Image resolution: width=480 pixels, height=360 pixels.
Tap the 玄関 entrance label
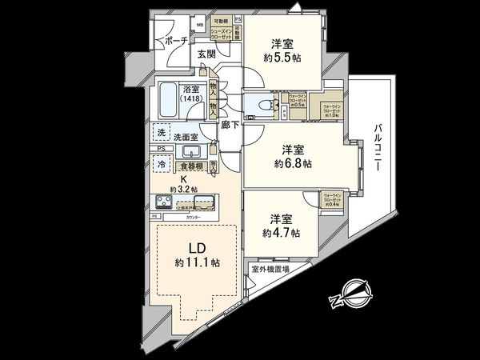point(206,54)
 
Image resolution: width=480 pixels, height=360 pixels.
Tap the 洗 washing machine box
point(162,131)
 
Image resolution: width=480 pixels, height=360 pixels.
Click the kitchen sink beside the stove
point(201,202)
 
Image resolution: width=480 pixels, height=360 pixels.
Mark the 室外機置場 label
point(270,270)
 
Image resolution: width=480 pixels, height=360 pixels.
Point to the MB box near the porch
point(198,25)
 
